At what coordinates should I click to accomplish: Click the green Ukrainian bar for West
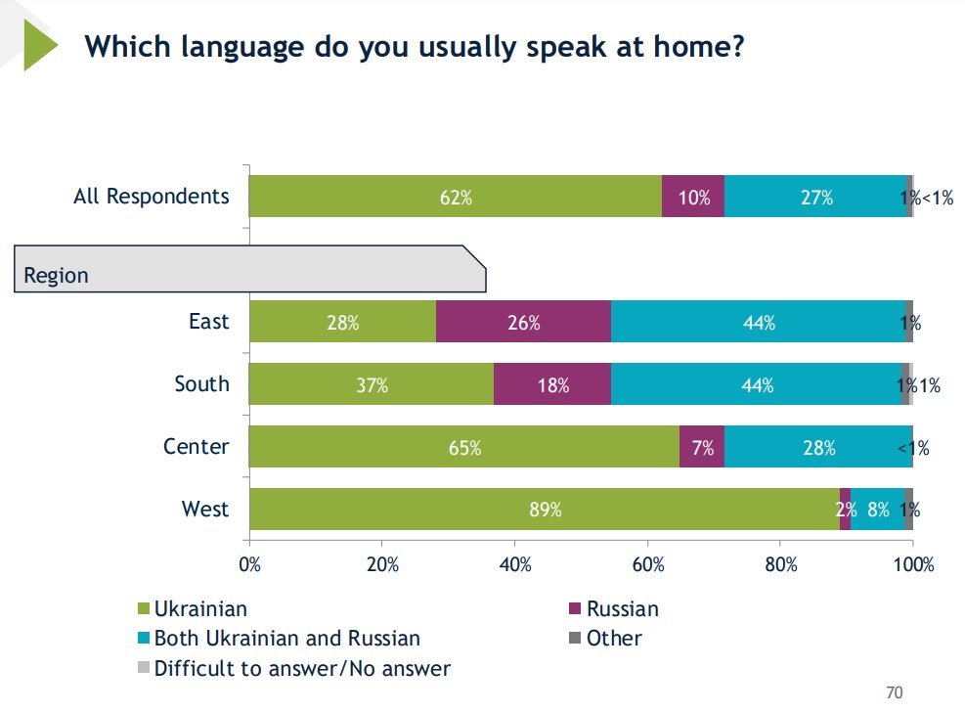tap(544, 509)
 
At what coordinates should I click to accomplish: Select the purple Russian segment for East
tap(523, 322)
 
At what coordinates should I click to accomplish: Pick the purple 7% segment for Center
tap(702, 447)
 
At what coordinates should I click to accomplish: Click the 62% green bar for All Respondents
tap(455, 197)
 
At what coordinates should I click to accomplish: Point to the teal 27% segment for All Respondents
tap(815, 197)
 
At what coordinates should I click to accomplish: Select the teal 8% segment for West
tap(877, 509)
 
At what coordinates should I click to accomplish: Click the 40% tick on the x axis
tap(515, 564)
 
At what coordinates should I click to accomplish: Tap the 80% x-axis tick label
tap(780, 564)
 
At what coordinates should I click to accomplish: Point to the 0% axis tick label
tap(249, 564)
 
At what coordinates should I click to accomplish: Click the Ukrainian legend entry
tap(200, 609)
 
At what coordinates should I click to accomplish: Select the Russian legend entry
tap(622, 609)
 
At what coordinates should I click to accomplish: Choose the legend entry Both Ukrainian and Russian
tap(286, 639)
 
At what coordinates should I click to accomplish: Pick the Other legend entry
tap(614, 639)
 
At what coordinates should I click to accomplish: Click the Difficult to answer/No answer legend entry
tap(302, 669)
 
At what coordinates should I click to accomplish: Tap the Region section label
tap(57, 275)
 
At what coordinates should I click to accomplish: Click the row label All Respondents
tap(152, 196)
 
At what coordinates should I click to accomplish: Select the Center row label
tap(196, 447)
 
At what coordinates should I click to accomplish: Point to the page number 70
tap(894, 692)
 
